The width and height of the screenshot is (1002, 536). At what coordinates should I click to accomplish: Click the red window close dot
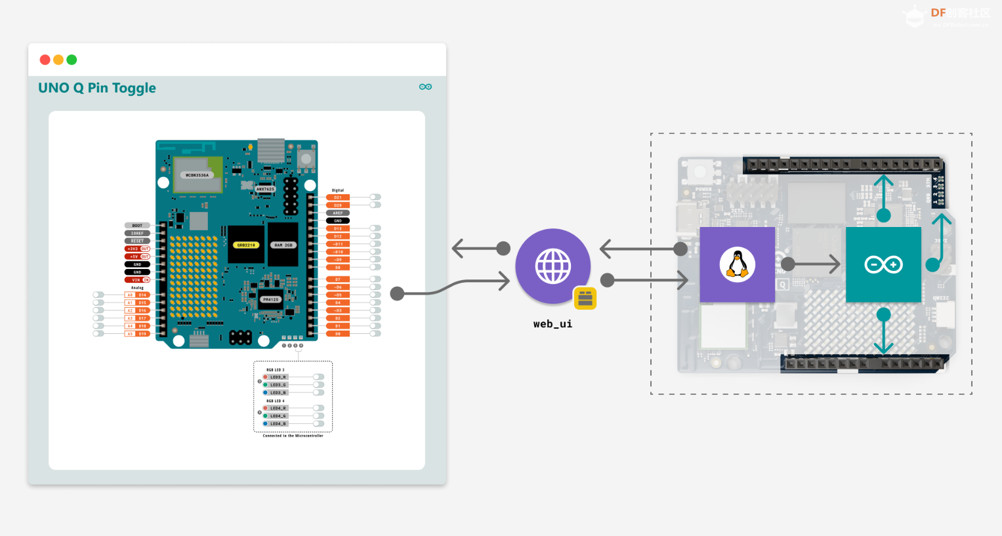(x=45, y=60)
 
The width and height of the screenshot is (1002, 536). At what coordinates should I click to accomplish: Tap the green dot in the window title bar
(x=72, y=60)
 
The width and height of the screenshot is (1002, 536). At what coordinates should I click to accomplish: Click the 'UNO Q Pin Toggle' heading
(x=97, y=88)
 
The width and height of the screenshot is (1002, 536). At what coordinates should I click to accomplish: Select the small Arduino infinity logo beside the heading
(x=425, y=87)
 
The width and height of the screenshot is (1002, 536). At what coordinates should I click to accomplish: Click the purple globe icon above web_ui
(x=553, y=266)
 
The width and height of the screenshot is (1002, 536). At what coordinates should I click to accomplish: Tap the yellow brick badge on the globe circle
(x=585, y=298)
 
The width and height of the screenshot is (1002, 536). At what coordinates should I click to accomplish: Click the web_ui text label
(x=553, y=324)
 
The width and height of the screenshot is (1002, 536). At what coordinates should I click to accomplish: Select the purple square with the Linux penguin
(x=737, y=264)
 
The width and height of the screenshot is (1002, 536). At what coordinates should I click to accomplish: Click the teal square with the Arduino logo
(x=883, y=264)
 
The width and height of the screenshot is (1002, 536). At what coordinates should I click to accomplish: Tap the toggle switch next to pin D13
(x=375, y=228)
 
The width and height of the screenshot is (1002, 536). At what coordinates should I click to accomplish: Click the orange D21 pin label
(x=338, y=197)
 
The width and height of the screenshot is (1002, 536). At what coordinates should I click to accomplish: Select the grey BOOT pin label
(x=137, y=226)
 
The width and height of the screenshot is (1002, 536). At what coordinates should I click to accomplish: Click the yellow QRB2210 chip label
(x=246, y=245)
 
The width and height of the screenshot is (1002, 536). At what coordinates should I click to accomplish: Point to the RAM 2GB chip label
(x=283, y=245)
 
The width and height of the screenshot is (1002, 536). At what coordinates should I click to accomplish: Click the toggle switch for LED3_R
(x=318, y=377)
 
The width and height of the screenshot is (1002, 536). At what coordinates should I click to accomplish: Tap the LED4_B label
(x=278, y=424)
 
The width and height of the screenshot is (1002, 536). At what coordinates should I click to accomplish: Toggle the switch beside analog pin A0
(x=98, y=295)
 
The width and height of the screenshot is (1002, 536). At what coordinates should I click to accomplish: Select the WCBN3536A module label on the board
(x=197, y=175)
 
